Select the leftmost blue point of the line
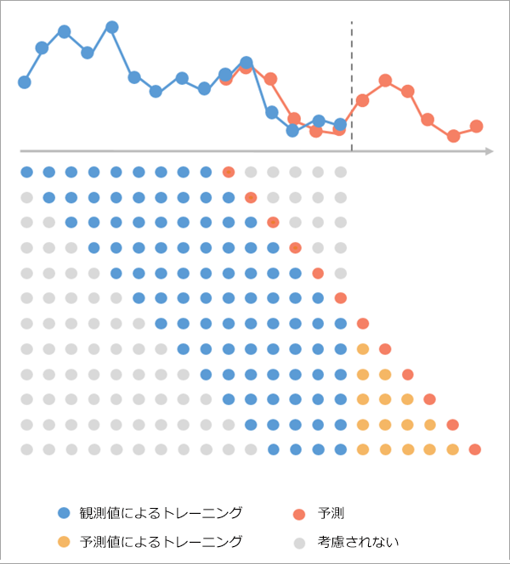25,82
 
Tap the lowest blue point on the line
292,130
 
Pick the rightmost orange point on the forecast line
476,126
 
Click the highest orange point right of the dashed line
385,81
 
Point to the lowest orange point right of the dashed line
453,136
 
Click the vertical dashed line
351,85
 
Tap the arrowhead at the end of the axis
490,152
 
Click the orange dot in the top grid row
229,172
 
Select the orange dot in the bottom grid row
475,449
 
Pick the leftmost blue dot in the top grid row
26,172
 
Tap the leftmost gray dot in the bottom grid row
26,449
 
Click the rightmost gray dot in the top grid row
340,172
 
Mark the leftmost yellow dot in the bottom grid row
363,449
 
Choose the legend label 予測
331,512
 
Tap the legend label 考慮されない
358,541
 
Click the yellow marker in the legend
64,541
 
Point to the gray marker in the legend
297,541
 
